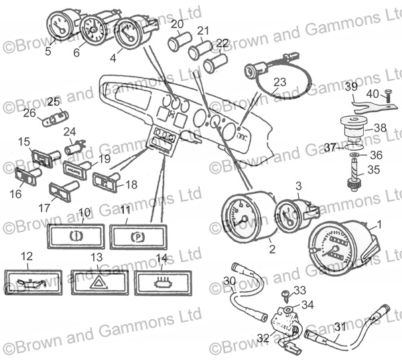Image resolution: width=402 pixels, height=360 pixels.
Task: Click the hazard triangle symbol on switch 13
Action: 98,282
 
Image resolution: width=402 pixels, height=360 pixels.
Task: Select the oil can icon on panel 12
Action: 32,283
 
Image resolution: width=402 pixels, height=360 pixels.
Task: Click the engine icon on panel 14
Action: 163,283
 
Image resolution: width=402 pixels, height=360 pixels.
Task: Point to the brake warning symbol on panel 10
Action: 76,236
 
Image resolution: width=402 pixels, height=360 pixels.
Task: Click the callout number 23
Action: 280,82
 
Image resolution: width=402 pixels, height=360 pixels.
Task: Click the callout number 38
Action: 380,127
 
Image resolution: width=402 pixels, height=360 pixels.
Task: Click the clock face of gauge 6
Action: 92,31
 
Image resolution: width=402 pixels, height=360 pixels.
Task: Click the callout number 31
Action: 340,327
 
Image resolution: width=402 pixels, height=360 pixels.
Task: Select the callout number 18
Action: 131,184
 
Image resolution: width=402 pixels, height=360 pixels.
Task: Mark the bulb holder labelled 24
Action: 75,146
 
